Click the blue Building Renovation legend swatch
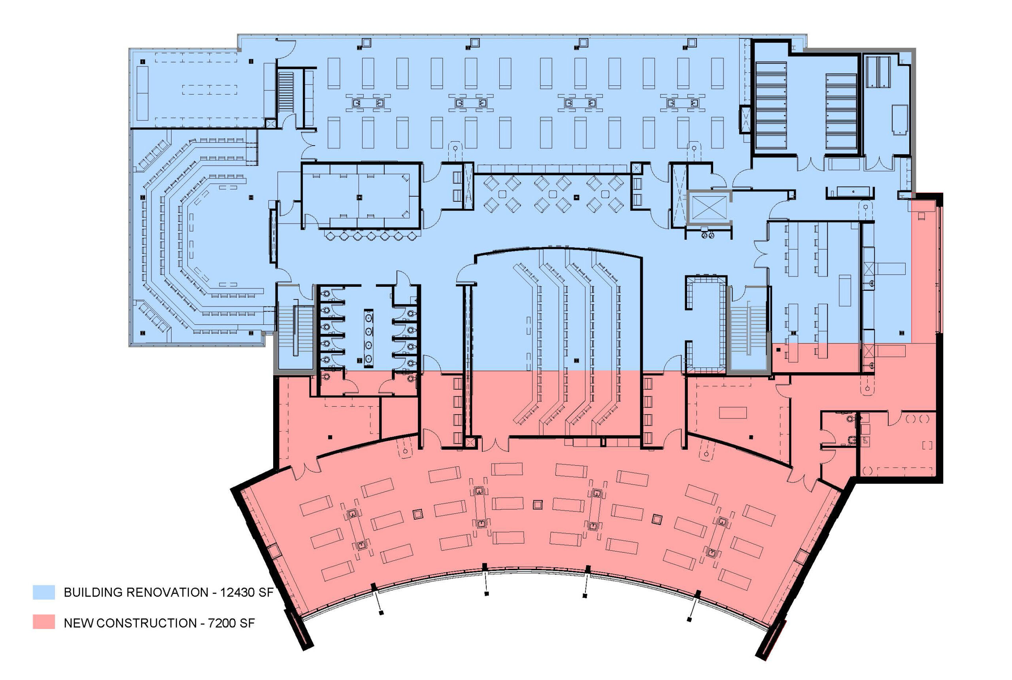coord(44,592)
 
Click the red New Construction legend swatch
coord(44,622)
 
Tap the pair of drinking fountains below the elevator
coord(708,235)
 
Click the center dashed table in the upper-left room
coord(210,90)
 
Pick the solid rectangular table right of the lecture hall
coord(733,412)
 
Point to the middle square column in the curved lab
coord(537,504)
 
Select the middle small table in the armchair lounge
coord(553,194)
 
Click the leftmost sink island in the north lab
coord(368,103)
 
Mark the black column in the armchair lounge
coord(576,197)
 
